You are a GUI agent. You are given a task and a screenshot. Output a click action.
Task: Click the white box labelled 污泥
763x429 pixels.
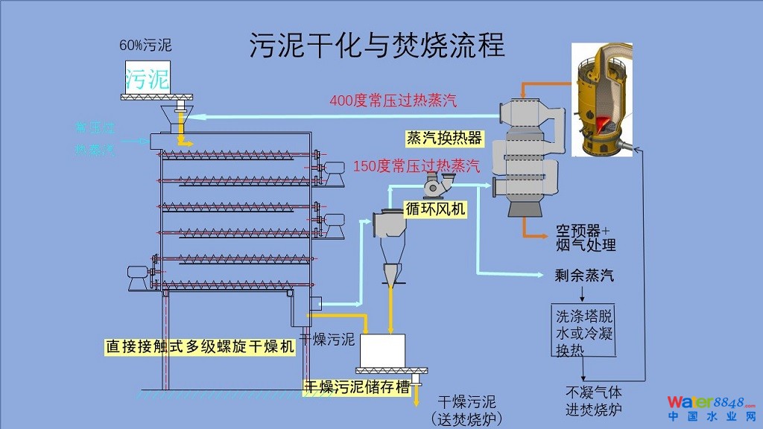click(147, 77)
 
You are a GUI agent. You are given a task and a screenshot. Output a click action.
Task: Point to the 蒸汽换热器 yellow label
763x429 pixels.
click(445, 139)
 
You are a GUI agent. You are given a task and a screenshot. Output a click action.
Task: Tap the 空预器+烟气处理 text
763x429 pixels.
click(585, 238)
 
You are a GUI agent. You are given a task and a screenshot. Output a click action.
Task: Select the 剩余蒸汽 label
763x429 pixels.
click(584, 276)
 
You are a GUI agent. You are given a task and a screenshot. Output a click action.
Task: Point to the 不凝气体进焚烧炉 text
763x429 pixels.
click(593, 401)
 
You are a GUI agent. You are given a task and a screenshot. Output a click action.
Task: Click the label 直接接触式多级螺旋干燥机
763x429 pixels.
click(199, 346)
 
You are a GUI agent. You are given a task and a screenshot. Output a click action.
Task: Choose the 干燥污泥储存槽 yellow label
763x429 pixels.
click(356, 387)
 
